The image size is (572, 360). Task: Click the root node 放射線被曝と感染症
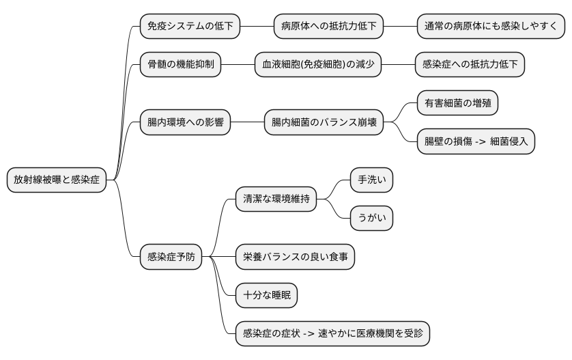coord(57,180)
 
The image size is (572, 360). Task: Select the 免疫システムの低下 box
coord(190,27)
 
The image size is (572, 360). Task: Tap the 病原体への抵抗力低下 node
coord(328,27)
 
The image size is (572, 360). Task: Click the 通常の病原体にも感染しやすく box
coord(491,27)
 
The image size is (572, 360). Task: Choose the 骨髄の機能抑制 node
coord(180,65)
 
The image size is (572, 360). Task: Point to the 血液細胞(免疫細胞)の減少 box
coord(317,65)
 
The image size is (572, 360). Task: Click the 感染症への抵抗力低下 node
coord(470,65)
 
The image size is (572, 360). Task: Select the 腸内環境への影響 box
coord(185,123)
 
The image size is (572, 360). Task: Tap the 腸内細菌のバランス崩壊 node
coord(324,123)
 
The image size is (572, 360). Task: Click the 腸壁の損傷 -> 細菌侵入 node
coord(476,141)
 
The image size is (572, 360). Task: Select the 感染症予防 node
coord(171,257)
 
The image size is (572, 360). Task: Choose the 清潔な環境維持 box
coord(276,199)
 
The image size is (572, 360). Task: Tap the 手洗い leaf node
coord(372,180)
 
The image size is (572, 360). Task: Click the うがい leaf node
coord(372,218)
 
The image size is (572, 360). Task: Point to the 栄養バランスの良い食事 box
coord(295,257)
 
